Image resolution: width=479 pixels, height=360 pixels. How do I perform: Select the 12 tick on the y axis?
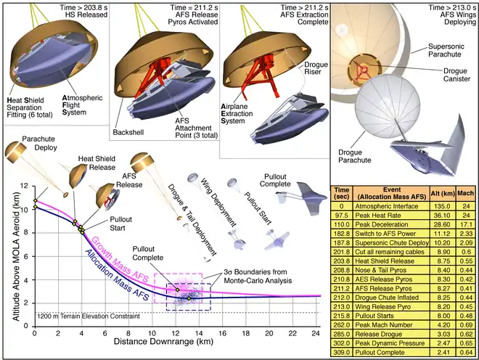[27, 186]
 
